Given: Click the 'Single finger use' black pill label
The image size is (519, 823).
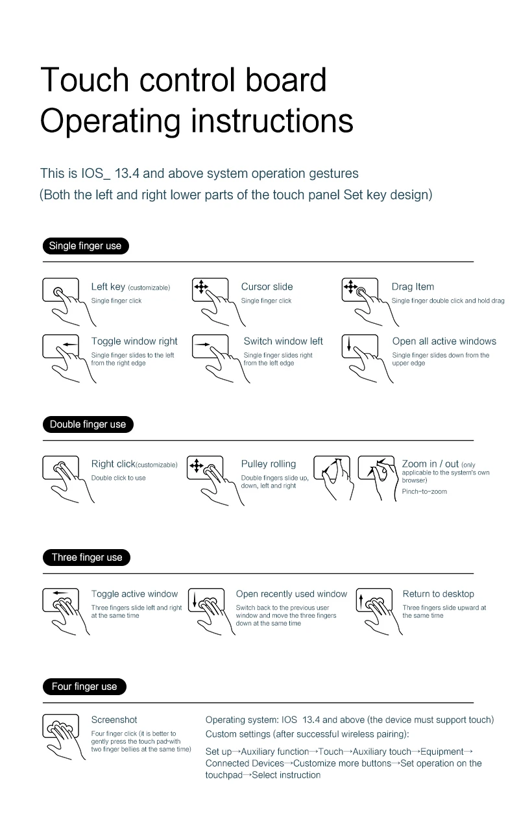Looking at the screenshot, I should tap(85, 246).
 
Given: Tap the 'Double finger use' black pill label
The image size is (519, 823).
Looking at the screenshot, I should tap(88, 424).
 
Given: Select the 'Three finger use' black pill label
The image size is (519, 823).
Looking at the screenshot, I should tap(86, 558).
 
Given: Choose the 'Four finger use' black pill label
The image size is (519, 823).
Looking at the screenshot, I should tap(84, 687).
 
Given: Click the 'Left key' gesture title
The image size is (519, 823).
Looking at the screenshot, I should tap(108, 287).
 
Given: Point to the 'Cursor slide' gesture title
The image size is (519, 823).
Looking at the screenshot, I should tap(267, 287).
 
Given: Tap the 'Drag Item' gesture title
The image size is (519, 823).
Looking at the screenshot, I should tap(413, 287).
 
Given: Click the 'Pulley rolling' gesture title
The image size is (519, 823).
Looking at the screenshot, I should tap(269, 464).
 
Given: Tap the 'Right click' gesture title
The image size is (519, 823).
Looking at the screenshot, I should tap(113, 464).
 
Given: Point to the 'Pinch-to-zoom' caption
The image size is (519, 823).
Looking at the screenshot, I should tap(424, 491).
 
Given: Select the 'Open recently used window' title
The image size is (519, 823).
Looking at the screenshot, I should tap(291, 594).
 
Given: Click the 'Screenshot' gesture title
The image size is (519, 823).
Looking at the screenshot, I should tap(114, 720).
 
